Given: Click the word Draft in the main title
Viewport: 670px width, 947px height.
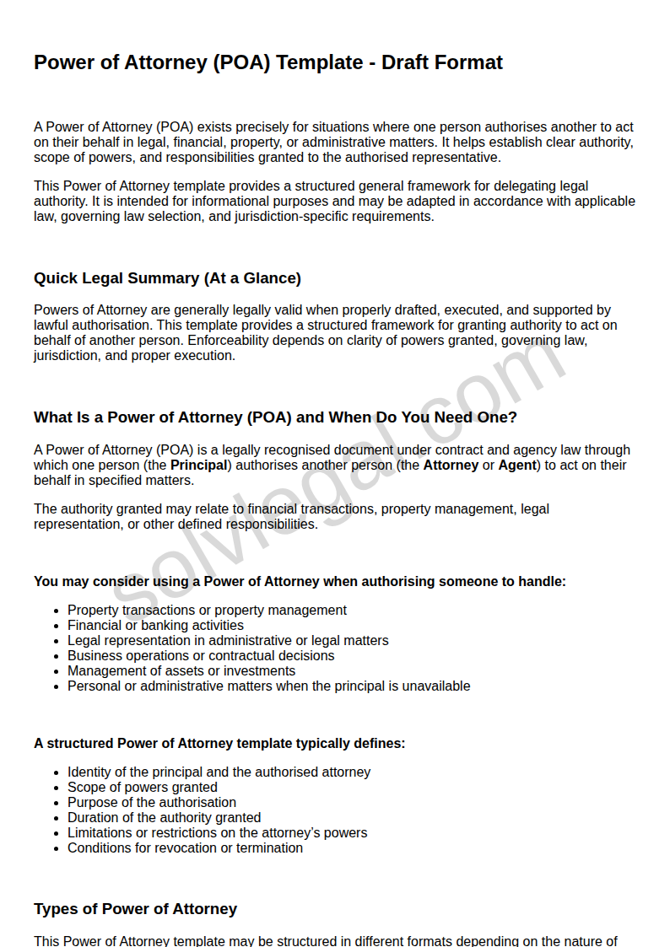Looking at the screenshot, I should tap(407, 62).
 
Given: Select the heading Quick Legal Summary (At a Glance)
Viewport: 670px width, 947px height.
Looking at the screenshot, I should tap(167, 278).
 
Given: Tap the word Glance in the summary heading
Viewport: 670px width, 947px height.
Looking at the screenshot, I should tap(272, 278).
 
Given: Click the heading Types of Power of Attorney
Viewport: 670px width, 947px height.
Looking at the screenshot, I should tap(135, 909).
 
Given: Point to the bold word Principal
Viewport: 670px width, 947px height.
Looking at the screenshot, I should tap(199, 465).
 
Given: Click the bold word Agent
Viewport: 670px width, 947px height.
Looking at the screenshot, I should tap(517, 465).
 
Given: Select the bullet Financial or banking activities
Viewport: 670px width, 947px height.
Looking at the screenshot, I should tap(155, 626).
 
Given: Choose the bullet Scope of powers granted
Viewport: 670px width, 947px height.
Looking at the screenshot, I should tap(143, 788).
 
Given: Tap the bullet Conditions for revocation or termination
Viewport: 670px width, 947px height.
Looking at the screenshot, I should tap(185, 848).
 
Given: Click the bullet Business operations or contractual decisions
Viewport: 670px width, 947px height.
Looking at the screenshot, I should tap(201, 656).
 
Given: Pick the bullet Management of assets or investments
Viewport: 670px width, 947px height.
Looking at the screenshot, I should tap(181, 671).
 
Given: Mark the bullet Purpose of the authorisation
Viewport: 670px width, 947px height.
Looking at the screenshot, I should tap(152, 803).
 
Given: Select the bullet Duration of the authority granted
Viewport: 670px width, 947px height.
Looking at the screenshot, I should tap(164, 818).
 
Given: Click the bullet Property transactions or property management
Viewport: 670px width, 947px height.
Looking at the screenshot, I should tap(207, 611).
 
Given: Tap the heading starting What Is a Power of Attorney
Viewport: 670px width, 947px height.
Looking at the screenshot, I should tap(275, 417).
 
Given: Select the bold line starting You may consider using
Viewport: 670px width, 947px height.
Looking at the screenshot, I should tap(300, 582).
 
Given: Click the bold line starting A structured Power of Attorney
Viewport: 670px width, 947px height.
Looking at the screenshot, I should tap(219, 744).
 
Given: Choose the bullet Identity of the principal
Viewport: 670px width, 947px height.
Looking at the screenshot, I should tap(219, 772).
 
